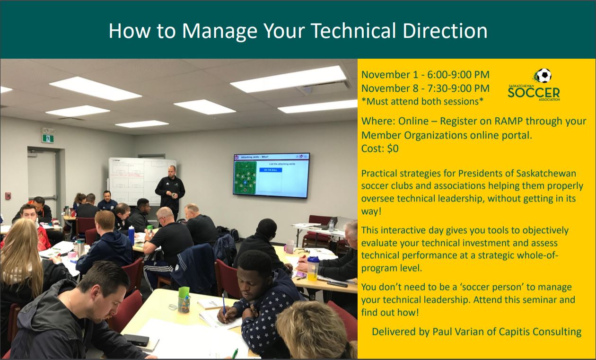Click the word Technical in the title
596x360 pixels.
coord(353,31)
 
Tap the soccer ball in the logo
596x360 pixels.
coord(543,76)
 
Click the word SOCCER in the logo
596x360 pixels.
coord(534,93)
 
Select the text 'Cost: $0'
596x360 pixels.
coord(380,149)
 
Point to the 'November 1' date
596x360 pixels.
coord(390,75)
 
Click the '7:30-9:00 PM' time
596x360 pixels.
coord(458,88)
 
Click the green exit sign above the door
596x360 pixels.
coord(48,138)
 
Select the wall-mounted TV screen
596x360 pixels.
coord(272,176)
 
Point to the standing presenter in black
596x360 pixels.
coord(170,191)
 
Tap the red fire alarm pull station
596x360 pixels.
coord(8,195)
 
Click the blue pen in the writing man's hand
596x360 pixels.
coord(224,304)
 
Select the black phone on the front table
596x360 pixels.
coord(136,340)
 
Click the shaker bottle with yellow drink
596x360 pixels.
coord(313,269)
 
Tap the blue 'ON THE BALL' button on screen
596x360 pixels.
coord(271,170)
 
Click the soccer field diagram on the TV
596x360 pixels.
coord(245,178)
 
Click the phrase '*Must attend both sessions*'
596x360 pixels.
coord(422,102)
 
